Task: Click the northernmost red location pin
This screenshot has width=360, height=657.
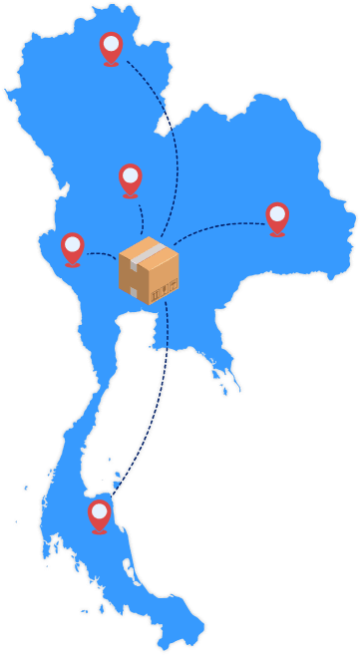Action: [111, 48]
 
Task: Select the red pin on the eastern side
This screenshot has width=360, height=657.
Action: [277, 217]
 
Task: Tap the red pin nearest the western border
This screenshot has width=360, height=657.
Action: [72, 247]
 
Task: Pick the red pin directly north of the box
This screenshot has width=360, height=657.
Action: [130, 179]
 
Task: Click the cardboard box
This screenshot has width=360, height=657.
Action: [149, 270]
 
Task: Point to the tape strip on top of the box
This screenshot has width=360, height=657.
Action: [151, 248]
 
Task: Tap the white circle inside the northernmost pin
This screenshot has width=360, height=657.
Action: [111, 44]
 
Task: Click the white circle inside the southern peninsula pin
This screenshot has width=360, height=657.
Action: [99, 511]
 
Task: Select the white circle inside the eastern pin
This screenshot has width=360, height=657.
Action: [277, 213]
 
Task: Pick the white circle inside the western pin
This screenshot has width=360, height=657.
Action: [72, 243]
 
